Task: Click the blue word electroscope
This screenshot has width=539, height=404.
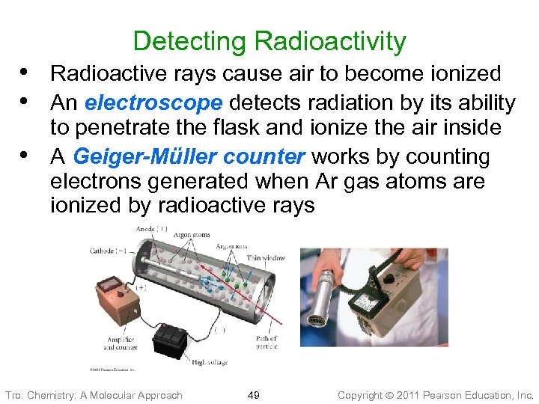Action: [153, 102]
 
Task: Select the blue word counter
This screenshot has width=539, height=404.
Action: [267, 156]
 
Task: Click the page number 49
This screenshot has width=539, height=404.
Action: [253, 394]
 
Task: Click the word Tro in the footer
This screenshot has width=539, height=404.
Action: [13, 394]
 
